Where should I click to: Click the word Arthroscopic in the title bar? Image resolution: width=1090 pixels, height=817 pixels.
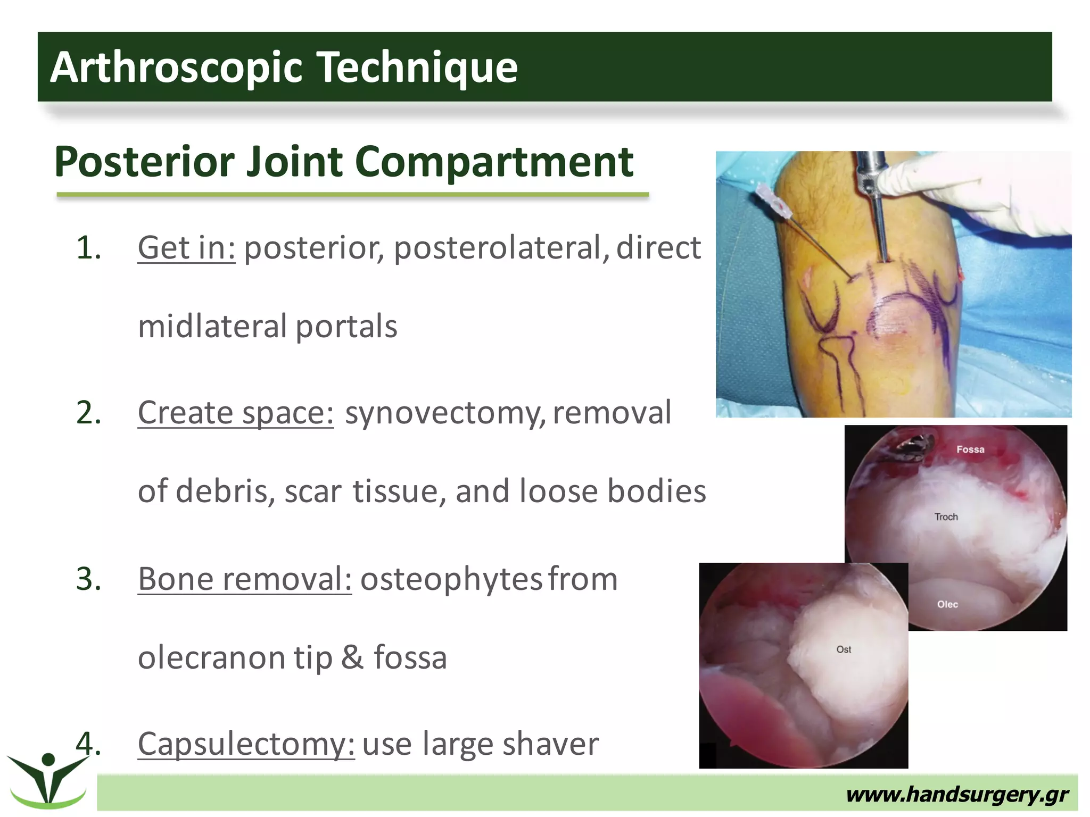(x=176, y=68)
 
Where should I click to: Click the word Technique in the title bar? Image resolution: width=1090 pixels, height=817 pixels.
(x=418, y=68)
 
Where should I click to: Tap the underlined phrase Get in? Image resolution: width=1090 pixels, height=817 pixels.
(x=186, y=248)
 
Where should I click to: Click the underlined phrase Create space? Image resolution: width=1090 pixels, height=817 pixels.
(x=236, y=413)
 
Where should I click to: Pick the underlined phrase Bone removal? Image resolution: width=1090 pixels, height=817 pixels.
(x=245, y=579)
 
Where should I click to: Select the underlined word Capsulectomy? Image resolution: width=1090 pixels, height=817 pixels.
(x=246, y=744)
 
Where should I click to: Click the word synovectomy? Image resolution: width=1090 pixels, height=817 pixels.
(x=445, y=413)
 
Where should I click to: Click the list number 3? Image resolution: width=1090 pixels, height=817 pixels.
(x=88, y=579)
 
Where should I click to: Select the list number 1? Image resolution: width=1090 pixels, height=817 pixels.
(x=88, y=248)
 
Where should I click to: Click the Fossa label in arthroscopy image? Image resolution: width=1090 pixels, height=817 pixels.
(x=970, y=449)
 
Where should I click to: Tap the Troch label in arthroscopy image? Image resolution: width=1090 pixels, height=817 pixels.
(x=946, y=517)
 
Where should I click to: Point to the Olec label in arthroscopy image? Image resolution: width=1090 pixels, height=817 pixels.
(x=947, y=604)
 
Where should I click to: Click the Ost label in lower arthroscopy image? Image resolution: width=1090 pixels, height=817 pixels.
(x=844, y=649)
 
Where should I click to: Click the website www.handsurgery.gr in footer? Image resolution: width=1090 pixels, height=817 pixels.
(x=956, y=795)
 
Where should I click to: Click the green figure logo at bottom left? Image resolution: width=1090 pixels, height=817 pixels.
(x=48, y=779)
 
